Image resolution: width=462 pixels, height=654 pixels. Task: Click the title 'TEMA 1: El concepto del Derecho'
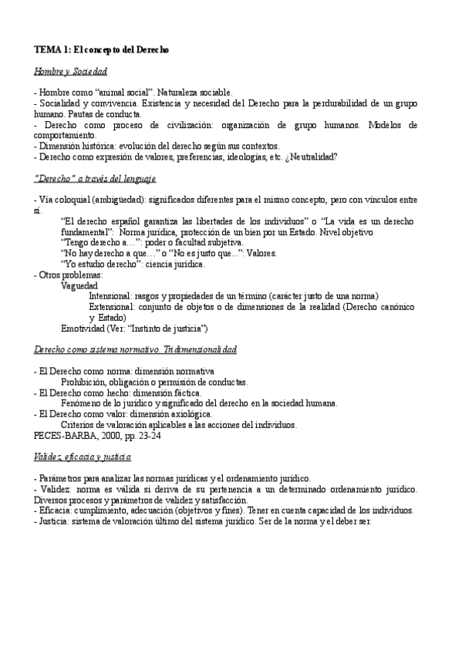pos(101,49)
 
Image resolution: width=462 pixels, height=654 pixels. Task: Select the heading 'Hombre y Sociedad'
pos(70,71)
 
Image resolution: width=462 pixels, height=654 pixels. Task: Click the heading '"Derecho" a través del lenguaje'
pos(96,178)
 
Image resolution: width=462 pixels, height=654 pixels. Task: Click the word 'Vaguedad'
pos(79,285)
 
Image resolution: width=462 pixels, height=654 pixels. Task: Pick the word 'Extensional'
pos(111,307)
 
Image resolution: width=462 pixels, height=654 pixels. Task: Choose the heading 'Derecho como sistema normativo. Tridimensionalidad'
pos(136,349)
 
